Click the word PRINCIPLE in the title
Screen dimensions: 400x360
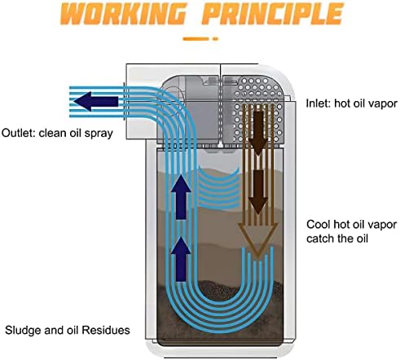coord(272,13)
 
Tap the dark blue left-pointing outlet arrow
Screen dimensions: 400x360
coord(96,101)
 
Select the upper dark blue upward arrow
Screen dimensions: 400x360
coord(181,197)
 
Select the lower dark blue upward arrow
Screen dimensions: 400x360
coord(181,259)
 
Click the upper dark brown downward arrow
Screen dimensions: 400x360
coord(258,130)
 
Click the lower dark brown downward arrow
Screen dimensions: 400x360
coord(258,192)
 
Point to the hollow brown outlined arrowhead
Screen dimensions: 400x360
coord(258,239)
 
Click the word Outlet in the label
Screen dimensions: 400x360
coord(17,133)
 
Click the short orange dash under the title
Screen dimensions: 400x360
coord(215,39)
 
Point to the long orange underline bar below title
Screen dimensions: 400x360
coord(196,39)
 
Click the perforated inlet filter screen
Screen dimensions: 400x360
coord(257,108)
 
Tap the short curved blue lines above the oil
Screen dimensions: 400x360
coord(219,189)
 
